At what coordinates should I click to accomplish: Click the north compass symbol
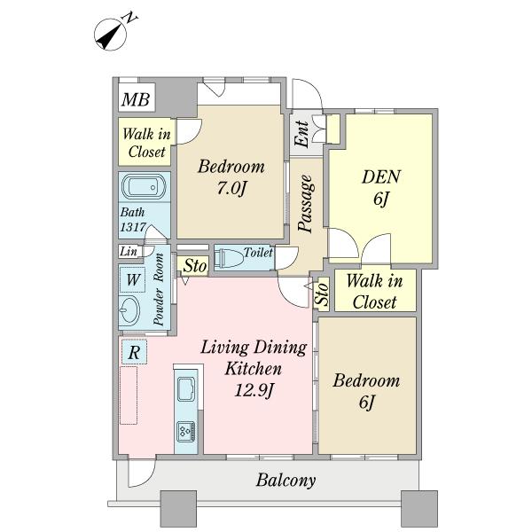pos(111,35)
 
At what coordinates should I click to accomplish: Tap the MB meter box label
pos(136,99)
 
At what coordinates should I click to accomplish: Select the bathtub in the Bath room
pos(144,187)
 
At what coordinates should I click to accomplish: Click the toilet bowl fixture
pos(230,259)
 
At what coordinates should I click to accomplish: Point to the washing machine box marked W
pos(133,280)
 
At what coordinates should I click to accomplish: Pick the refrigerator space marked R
pos(134,352)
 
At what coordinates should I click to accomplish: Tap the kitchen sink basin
pos(186,389)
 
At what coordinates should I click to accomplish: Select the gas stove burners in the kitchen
pos(186,432)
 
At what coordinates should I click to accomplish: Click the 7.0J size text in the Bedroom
pos(231,188)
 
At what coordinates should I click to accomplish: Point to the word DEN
pos(381,176)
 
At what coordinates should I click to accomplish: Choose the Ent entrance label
pos(301,134)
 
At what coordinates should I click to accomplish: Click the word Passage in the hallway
pos(305,204)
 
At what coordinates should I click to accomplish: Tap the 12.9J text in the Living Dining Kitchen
pos(254,390)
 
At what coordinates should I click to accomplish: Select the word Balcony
pos(286,481)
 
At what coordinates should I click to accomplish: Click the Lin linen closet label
pos(129,252)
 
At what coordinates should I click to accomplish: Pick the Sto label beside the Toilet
pos(195,265)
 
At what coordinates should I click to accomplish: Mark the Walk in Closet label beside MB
pos(146,143)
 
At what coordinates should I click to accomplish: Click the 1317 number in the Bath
pos(133,227)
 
